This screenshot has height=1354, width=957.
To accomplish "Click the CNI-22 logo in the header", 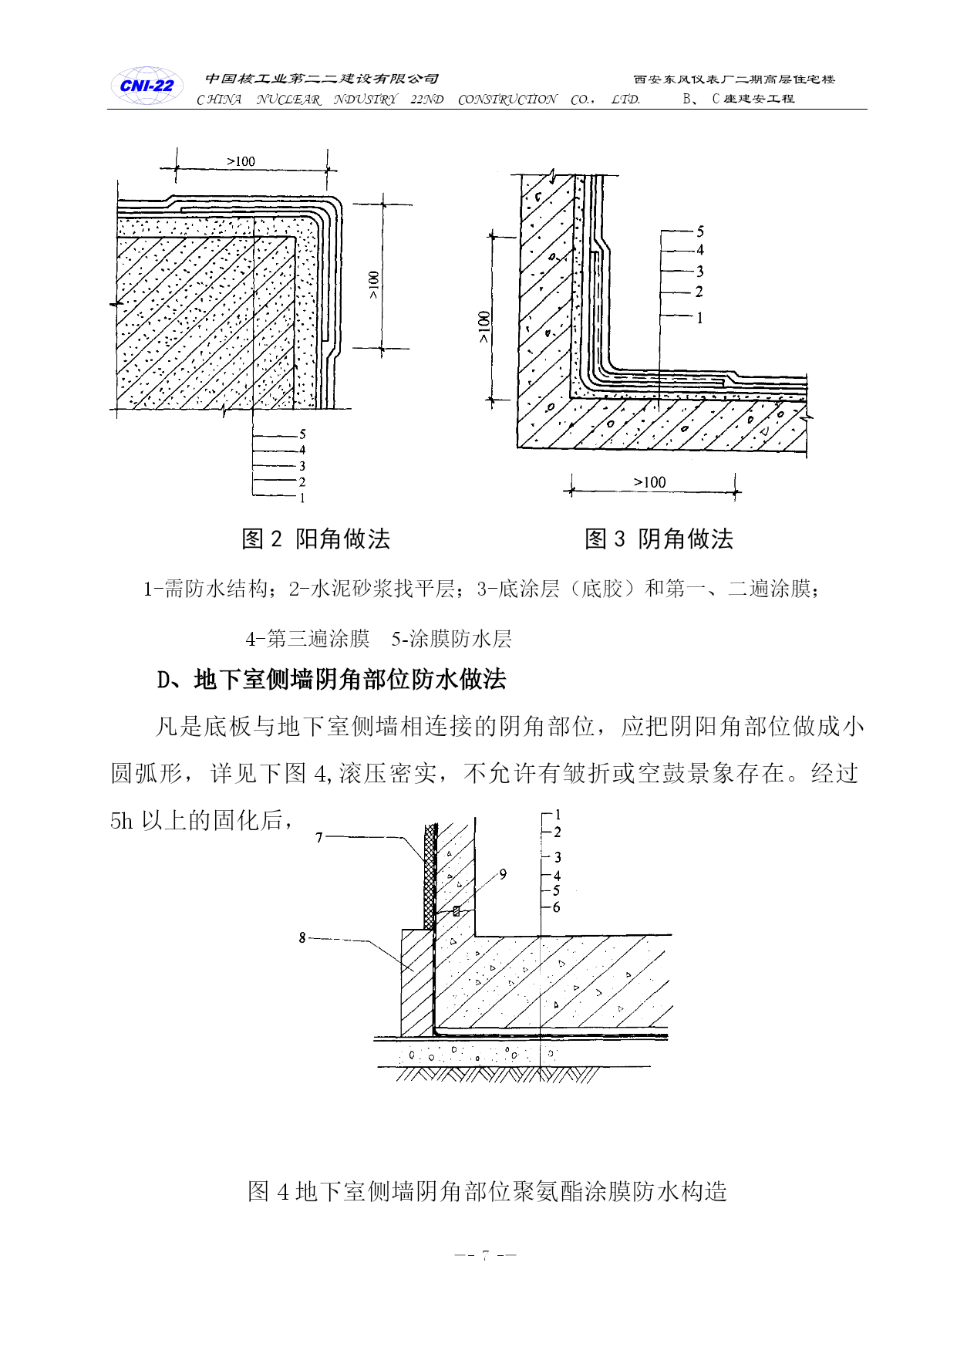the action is coord(147,86).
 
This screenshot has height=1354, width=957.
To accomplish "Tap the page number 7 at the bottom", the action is coord(485,1255).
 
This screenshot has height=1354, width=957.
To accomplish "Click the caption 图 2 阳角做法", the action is coord(316,539).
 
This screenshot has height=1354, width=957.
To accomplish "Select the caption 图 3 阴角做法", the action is coord(659,539).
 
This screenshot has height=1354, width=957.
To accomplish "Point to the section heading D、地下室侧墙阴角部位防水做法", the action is coord(332,679).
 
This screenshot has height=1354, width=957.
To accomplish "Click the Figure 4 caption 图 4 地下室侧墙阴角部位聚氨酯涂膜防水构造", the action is coord(487,1191).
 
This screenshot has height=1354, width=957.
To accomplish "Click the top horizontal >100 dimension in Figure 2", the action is coord(241,161).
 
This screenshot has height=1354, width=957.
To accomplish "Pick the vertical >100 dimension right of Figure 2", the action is coord(374,285).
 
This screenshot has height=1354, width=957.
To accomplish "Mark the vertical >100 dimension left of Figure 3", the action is coord(484,327).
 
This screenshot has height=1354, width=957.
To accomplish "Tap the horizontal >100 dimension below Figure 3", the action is coord(649,482).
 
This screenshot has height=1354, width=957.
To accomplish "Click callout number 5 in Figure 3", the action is coord(700,231).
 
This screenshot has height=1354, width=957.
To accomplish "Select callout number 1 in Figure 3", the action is coord(700,318).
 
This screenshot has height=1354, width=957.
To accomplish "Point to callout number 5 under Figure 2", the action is coord(302,434).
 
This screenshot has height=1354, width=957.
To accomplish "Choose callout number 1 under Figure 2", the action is coord(302,498).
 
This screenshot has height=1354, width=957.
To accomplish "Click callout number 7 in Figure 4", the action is coord(319,837).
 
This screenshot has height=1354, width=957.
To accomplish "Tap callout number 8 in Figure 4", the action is coord(302,937).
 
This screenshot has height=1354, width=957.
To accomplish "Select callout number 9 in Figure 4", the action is coord(503,874).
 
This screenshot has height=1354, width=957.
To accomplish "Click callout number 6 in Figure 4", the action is coord(557,907).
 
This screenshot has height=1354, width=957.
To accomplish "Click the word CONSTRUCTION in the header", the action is coord(507,100).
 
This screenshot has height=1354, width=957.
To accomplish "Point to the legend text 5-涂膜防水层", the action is coord(451,639).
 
